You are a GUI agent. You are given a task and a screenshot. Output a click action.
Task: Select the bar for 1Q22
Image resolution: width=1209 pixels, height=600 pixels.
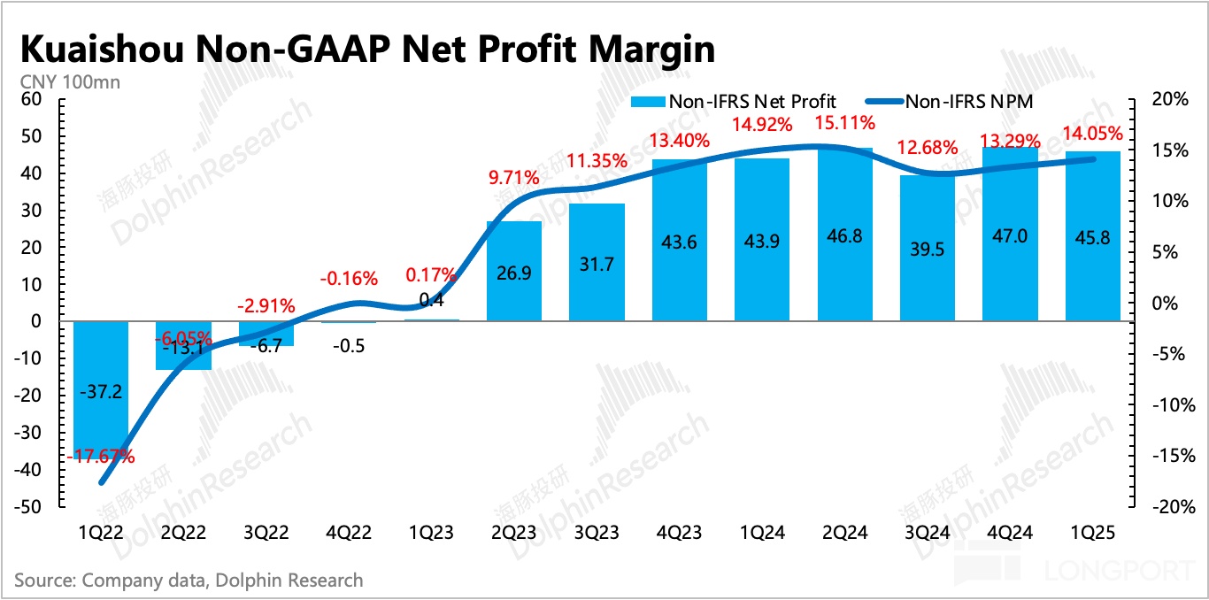[x=101, y=389]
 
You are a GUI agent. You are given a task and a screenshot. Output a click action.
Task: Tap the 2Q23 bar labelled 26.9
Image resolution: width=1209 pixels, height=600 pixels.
[x=513, y=271]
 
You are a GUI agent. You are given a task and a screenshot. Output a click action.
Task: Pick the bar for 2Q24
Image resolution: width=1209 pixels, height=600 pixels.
[x=844, y=235]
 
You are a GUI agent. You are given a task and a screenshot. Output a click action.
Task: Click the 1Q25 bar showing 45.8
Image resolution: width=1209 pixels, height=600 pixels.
[x=1092, y=236]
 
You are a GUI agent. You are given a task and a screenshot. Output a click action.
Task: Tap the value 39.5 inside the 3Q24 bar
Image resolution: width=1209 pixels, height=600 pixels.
[x=927, y=250]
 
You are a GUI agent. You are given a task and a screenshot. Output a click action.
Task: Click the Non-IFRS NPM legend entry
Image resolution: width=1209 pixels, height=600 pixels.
[x=968, y=101]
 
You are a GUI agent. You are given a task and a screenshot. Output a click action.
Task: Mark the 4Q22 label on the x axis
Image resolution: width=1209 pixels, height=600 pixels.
[x=348, y=533]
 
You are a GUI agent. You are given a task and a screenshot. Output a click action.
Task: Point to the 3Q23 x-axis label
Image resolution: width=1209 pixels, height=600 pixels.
[x=596, y=533]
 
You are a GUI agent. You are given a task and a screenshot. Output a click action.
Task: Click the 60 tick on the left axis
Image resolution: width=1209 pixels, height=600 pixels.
[x=31, y=99]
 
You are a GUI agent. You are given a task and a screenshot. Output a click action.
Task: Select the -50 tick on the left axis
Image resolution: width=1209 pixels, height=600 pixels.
[x=29, y=507]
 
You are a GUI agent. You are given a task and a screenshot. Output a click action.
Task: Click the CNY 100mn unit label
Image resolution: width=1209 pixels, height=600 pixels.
[x=70, y=83]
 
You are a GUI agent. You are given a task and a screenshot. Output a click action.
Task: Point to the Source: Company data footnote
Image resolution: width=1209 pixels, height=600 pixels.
[x=189, y=581]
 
